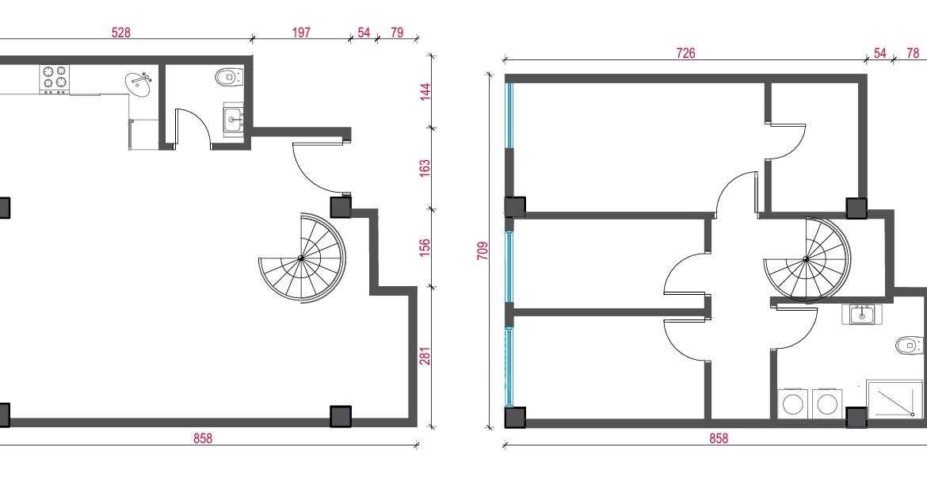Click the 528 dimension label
[120, 32]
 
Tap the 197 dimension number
[301, 32]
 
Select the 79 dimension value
[397, 32]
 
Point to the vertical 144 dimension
[425, 92]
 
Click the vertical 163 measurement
[425, 166]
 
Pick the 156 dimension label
[425, 247]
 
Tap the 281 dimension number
[425, 355]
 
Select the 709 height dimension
[483, 250]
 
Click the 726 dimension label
[685, 53]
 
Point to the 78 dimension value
[913, 53]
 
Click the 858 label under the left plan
[202, 438]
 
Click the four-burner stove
[55, 79]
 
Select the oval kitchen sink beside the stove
[139, 84]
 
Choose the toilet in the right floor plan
[910, 345]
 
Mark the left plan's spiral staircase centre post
[301, 258]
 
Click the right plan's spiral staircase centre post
[807, 258]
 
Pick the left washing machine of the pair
[793, 404]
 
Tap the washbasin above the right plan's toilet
[862, 314]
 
